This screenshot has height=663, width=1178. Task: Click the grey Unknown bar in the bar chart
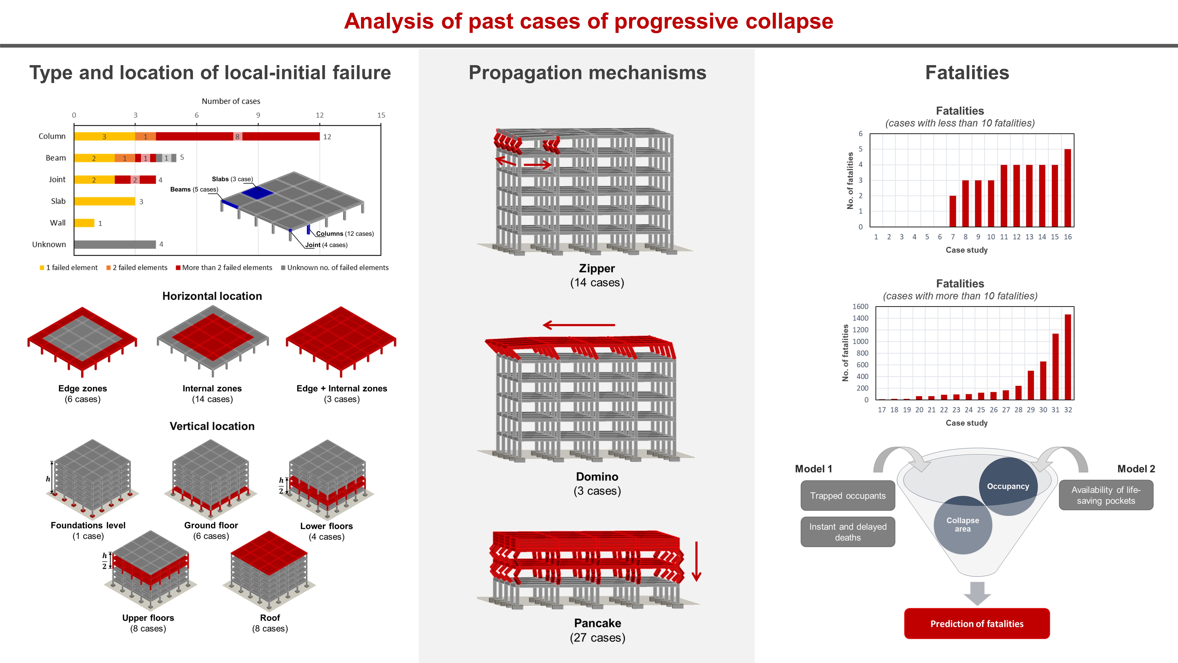click(x=115, y=244)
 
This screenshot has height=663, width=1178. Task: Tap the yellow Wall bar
click(x=84, y=223)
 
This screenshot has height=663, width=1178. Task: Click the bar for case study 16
click(x=1067, y=188)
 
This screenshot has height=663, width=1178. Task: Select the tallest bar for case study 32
click(x=1068, y=357)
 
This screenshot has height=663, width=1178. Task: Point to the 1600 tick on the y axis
click(x=860, y=307)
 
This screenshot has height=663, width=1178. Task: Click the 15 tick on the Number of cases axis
click(x=381, y=115)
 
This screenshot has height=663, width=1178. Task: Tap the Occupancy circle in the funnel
click(x=1008, y=486)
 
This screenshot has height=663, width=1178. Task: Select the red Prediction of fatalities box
click(x=977, y=624)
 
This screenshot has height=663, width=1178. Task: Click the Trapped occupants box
click(x=847, y=495)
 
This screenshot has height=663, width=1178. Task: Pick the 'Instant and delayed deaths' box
click(x=847, y=532)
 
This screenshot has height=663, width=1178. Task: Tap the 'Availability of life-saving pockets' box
click(x=1106, y=495)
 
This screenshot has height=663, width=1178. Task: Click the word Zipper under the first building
click(x=597, y=269)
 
